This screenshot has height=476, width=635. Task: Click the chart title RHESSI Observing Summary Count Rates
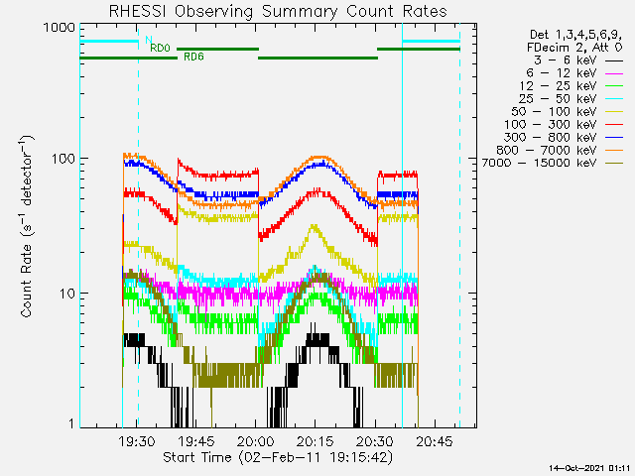coord(278,11)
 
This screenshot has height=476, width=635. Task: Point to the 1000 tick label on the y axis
coord(60,28)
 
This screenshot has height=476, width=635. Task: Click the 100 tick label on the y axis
coord(64,159)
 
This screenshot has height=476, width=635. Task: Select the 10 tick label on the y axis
coord(67,294)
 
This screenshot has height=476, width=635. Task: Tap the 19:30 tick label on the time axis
coord(137,440)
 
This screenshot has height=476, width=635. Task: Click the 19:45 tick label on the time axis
coord(196,440)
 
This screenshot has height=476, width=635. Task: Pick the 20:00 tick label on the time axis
coord(256,440)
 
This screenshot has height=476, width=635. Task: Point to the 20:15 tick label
coord(316,440)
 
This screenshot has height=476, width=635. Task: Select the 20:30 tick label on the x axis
coord(375,440)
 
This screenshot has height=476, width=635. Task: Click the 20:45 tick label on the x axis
coord(435,440)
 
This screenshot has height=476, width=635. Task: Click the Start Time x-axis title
coord(278,457)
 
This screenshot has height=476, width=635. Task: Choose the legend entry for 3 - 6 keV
coord(565,60)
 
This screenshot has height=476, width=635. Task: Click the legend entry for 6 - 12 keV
coord(561,73)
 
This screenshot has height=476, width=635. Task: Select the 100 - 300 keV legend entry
coord(550,125)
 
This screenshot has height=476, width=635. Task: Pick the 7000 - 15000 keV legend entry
coord(539,163)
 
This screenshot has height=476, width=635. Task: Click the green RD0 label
coord(160,48)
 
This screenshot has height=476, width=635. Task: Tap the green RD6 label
coord(193,57)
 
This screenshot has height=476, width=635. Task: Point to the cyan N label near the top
coord(149,40)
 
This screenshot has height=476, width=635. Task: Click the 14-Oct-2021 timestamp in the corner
coord(589,468)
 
